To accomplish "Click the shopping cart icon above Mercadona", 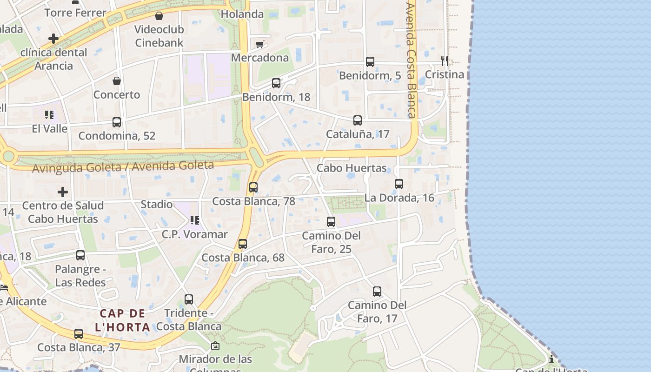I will [259, 44].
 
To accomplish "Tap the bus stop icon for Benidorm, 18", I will [276, 83].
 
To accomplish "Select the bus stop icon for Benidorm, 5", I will [370, 61].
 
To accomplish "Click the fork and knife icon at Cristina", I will [445, 60].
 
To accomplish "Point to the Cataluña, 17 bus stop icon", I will [358, 120].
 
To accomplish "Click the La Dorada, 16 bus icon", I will [399, 184].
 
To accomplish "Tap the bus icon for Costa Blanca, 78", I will [253, 187].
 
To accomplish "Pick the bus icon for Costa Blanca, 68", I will [243, 244].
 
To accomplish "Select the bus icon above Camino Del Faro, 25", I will [331, 222].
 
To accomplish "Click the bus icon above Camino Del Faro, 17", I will [377, 292].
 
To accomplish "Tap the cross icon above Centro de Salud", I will [63, 192].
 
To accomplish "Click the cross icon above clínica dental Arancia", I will [53, 38].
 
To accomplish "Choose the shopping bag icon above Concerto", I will [117, 81].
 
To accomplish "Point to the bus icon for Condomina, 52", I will [117, 122].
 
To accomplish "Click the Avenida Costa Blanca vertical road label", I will [410, 60].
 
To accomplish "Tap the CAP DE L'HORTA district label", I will [123, 320].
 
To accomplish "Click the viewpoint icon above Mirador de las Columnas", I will [215, 345].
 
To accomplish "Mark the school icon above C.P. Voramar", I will [194, 220].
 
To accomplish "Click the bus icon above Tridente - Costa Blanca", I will [189, 299].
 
